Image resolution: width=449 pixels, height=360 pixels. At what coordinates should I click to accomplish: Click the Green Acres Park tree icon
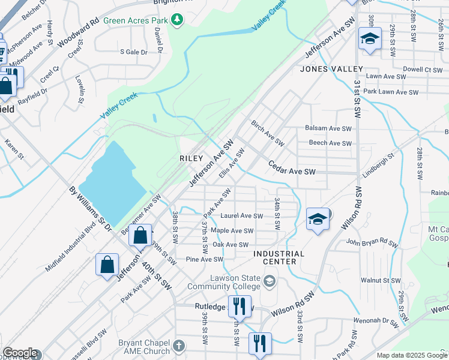pyautogui.click(x=177, y=20)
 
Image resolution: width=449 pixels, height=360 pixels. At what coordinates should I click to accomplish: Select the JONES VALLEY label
pyautogui.click(x=332, y=69)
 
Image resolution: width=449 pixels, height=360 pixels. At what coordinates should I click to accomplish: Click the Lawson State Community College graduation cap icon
pyautogui.click(x=270, y=281)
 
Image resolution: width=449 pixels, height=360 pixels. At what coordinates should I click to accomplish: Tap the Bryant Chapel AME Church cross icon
pyautogui.click(x=178, y=346)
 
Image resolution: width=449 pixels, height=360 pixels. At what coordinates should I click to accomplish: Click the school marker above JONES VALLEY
pyautogui.click(x=369, y=40)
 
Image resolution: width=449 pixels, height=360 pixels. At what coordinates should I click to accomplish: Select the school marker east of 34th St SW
pyautogui.click(x=318, y=219)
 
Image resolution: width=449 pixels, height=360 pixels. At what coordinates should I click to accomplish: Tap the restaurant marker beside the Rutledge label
pyautogui.click(x=240, y=306)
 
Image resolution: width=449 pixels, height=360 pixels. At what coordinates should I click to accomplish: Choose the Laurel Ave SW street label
pyautogui.click(x=242, y=216)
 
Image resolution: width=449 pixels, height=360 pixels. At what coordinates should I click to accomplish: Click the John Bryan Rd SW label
pyautogui.click(x=372, y=243)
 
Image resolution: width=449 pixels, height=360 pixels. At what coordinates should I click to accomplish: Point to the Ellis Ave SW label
pyautogui.click(x=232, y=164)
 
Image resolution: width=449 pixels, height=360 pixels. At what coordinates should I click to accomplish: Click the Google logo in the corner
pyautogui.click(x=20, y=353)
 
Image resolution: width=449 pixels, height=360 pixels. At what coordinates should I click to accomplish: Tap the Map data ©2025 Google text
pyautogui.click(x=412, y=355)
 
